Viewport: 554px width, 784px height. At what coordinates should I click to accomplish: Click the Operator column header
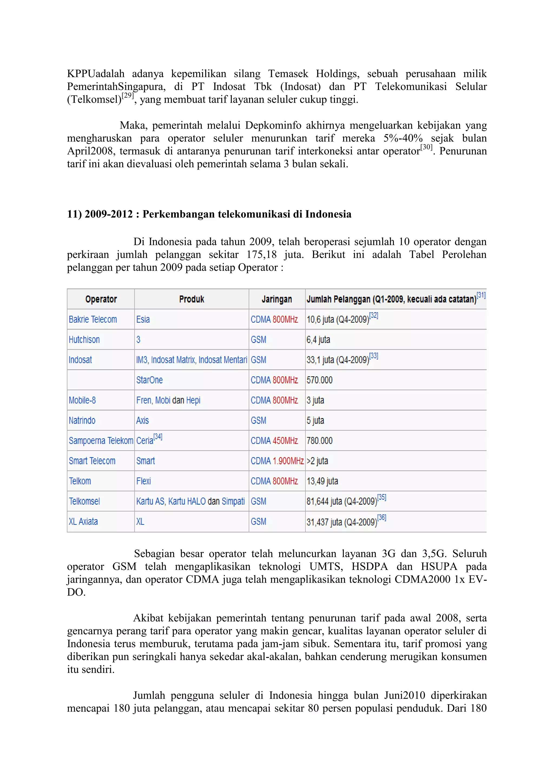point(101,299)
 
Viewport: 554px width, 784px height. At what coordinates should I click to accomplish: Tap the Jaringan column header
point(277,299)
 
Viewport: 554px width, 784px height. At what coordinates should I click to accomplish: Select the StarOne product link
point(149,380)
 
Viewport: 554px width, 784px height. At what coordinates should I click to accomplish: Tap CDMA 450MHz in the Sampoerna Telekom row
point(274,440)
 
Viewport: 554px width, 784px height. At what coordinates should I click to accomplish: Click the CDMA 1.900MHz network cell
point(277,461)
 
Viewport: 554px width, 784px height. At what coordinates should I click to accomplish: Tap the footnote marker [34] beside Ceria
point(158,437)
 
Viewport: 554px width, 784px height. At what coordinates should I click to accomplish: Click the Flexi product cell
point(143,481)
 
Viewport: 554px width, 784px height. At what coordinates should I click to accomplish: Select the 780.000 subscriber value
point(319,440)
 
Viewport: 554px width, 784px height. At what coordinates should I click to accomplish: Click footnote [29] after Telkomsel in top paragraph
point(128,96)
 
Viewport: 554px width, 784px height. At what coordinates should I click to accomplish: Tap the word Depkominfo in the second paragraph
point(273,125)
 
